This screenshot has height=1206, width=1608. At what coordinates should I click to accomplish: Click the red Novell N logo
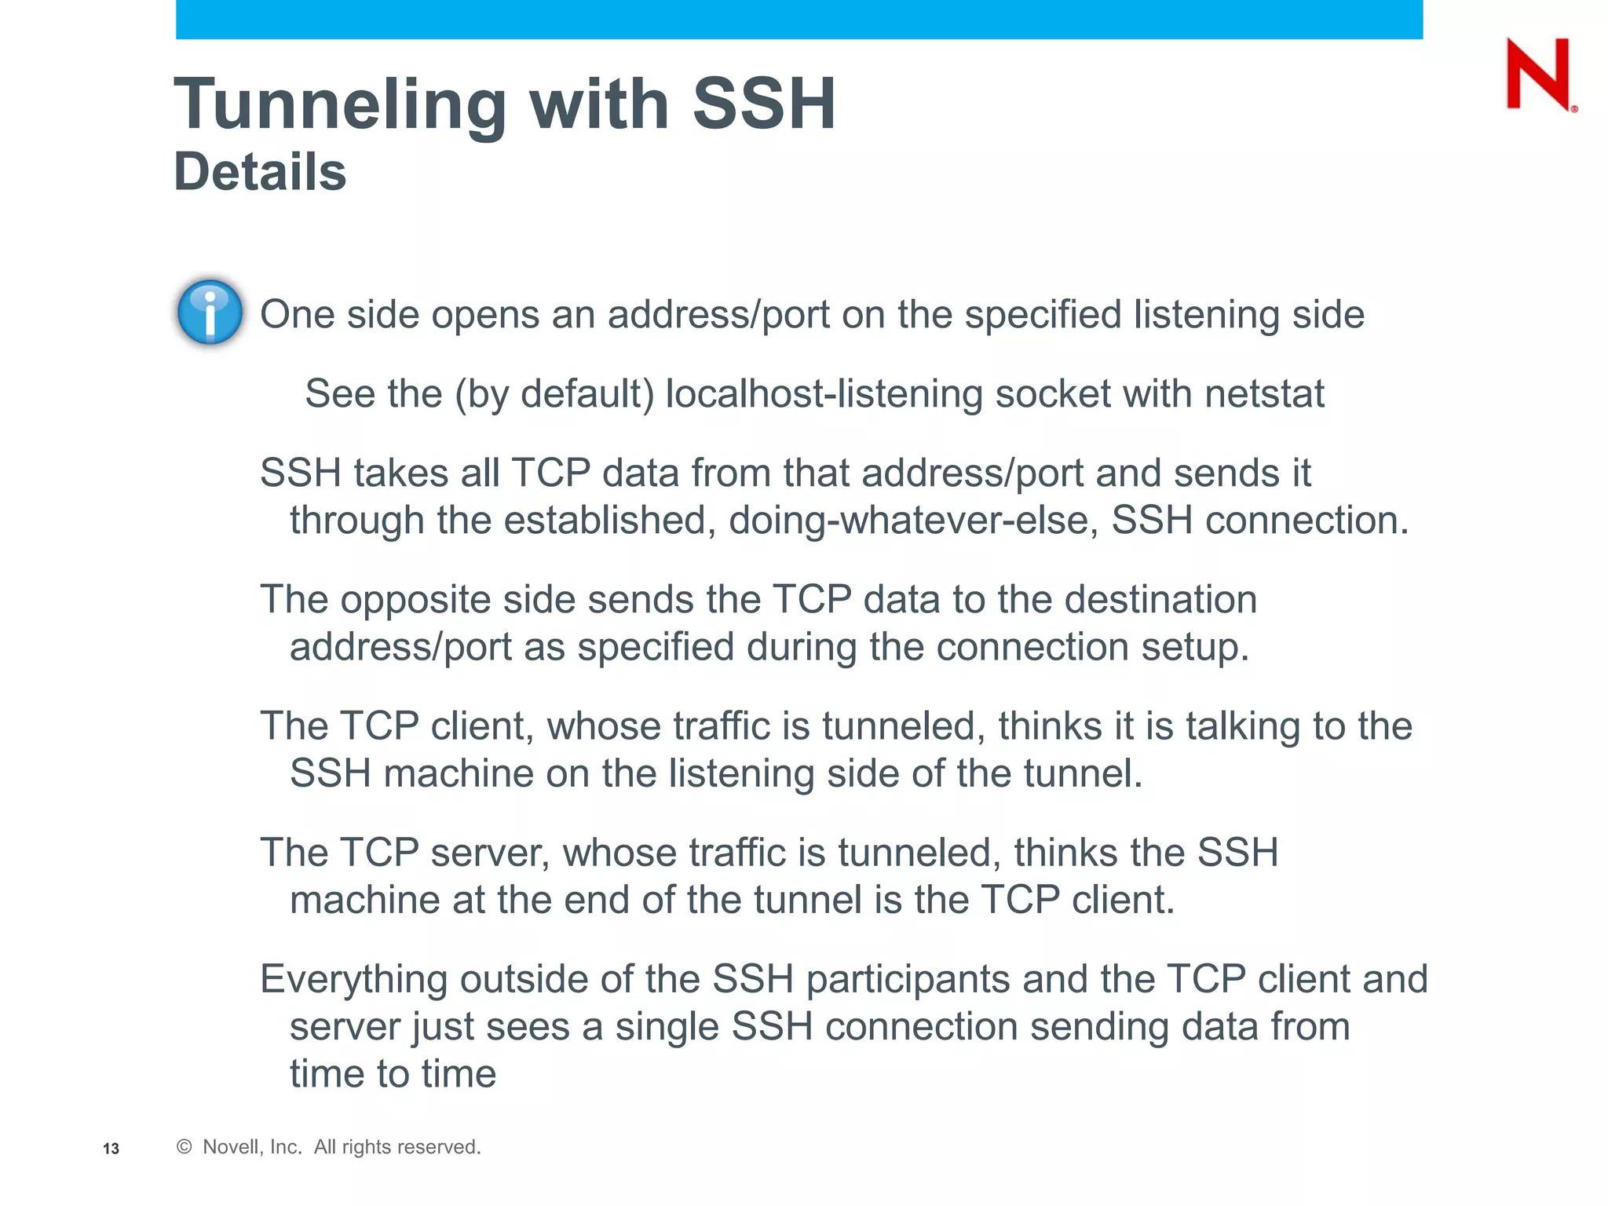1538,75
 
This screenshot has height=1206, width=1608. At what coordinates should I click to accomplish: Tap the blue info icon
210,312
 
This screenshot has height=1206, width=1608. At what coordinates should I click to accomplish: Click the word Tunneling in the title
340,104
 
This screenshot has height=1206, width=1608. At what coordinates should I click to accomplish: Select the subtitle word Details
260,172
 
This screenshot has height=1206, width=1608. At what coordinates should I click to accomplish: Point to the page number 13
111,1149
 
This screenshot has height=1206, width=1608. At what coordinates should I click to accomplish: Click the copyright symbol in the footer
184,1147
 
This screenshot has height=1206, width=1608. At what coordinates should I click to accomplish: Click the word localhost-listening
824,393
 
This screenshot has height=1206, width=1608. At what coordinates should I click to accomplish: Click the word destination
1160,600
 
